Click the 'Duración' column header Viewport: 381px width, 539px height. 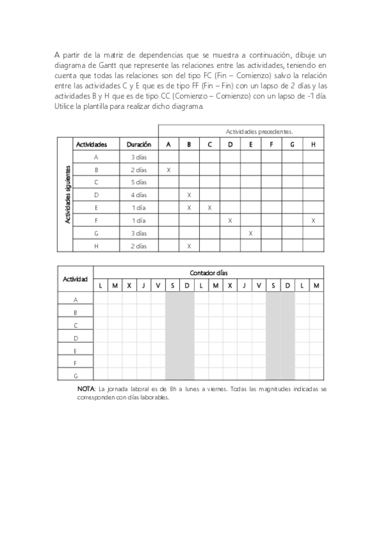[139, 144]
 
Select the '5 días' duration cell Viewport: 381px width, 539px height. [139, 182]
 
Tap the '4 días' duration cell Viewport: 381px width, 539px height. [139, 195]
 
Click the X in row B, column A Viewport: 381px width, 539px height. [169, 170]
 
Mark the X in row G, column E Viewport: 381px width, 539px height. [251, 233]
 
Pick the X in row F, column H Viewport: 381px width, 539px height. [313, 221]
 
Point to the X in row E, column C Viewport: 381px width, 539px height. [210, 208]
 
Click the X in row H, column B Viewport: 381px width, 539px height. [189, 246]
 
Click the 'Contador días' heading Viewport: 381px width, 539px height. [208, 273]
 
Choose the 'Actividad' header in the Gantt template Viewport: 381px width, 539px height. [75, 279]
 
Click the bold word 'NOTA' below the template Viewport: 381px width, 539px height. [85, 388]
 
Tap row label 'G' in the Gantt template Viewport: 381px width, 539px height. [76, 376]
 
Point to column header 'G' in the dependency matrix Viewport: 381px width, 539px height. [292, 144]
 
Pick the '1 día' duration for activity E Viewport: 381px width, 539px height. [139, 208]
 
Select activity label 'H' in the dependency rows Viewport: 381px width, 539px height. [96, 246]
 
